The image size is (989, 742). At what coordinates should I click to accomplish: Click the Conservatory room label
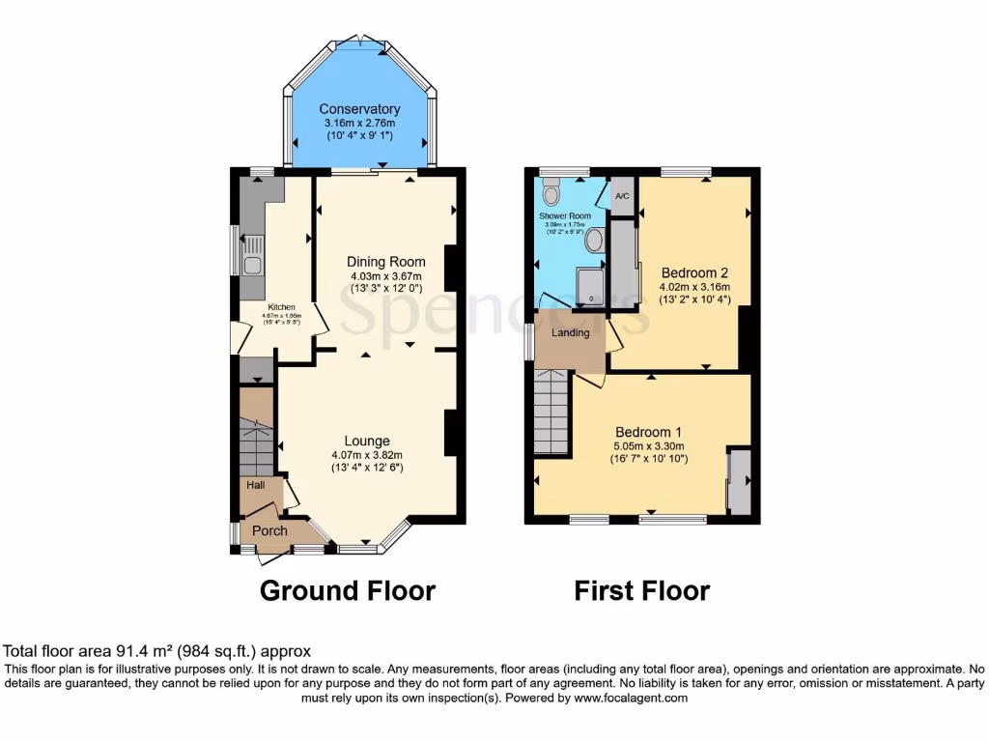tap(359, 109)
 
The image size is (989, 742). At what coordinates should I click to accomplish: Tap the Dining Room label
tap(386, 261)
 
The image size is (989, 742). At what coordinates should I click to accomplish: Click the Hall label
tap(255, 485)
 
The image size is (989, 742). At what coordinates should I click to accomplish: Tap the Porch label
tap(269, 530)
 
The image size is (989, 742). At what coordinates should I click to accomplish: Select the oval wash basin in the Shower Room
tap(595, 240)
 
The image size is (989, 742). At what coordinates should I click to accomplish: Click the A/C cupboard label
tap(623, 197)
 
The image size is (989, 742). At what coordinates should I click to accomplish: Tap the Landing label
tap(570, 333)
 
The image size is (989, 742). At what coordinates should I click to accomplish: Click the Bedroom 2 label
tap(693, 272)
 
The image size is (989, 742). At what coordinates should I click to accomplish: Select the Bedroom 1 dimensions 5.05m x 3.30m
tap(650, 446)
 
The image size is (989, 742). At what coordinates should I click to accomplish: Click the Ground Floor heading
tap(348, 590)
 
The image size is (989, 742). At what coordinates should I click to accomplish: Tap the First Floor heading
tap(641, 590)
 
